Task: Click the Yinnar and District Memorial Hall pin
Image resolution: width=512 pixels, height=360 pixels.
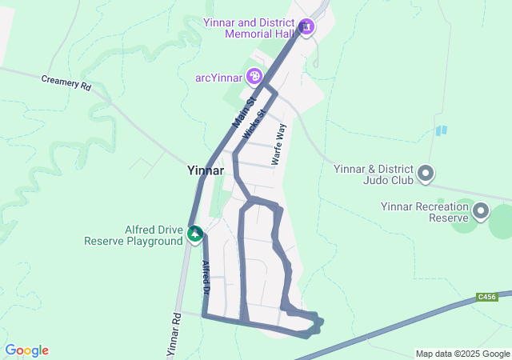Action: (306, 28)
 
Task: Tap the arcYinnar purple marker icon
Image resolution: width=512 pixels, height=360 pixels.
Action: (254, 76)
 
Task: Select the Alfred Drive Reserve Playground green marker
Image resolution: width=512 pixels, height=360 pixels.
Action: (195, 234)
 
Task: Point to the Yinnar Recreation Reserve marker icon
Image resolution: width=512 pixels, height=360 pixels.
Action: (481, 211)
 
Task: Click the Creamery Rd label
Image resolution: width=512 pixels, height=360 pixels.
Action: (66, 83)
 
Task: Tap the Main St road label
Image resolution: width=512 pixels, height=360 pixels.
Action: (243, 113)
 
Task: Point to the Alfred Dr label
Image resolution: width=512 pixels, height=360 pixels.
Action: (206, 277)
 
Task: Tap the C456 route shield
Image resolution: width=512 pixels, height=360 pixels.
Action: (486, 297)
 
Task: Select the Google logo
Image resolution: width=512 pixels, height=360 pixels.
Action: (26, 350)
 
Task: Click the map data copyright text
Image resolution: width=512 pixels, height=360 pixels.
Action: (462, 354)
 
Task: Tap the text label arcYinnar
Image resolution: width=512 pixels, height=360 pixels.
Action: (219, 77)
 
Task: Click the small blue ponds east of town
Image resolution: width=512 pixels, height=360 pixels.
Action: (441, 130)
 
